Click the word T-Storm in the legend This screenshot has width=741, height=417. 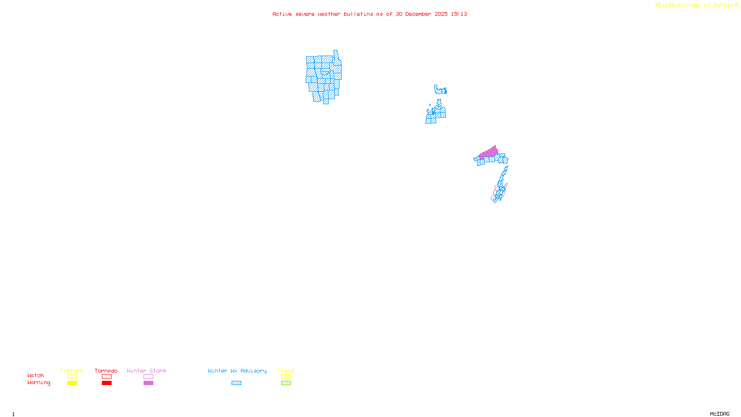71,371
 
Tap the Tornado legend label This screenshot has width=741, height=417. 106,371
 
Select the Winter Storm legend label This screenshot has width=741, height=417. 146,371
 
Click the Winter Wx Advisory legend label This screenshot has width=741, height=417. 237,371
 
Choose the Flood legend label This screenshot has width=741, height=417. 286,371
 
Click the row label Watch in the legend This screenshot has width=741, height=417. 36,375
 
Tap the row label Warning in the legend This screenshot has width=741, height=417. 38,383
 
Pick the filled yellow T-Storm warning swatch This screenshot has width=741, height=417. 72,383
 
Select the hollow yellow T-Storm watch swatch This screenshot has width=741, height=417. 72,377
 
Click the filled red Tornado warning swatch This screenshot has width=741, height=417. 107,383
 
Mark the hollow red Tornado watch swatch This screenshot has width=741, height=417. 107,377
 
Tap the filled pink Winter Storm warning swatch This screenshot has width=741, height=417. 148,383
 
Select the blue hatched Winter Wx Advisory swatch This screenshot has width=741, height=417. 236,383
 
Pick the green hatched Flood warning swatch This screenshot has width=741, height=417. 286,383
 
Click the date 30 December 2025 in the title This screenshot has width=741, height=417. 421,14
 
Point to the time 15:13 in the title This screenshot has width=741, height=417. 459,14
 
